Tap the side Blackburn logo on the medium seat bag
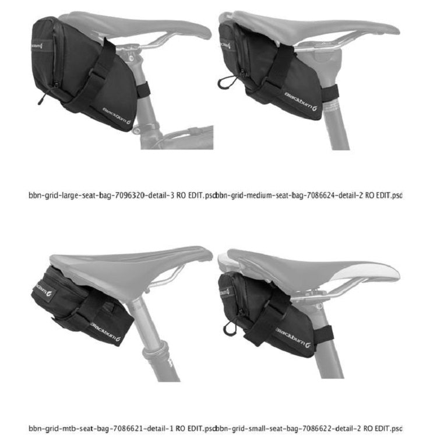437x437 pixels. [x=301, y=100]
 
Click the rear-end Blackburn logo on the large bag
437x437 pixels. [x=38, y=43]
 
